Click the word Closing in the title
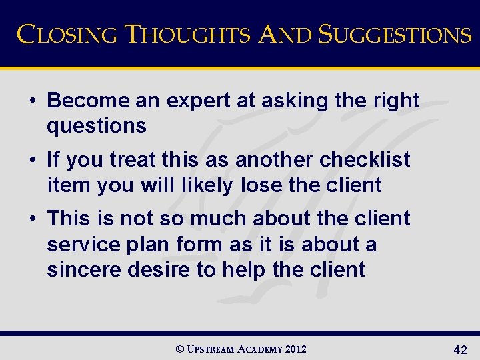point(65,34)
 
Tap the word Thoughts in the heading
point(187,34)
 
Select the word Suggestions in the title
point(395,34)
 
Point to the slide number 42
point(459,349)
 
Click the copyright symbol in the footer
point(177,349)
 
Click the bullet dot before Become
point(32,101)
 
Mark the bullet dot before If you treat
point(32,160)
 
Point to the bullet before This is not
point(32,219)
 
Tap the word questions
point(97,125)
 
